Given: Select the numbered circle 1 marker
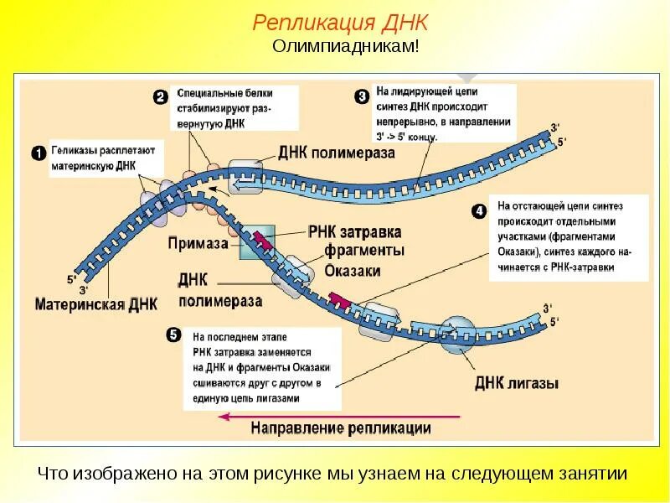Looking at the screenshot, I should click(38, 153).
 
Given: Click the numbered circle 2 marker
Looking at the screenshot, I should click(161, 97).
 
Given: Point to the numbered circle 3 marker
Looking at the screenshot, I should click(361, 97).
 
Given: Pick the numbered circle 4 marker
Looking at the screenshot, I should click(479, 211).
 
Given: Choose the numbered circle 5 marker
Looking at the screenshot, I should click(173, 335).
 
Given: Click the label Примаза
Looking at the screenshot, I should click(198, 244).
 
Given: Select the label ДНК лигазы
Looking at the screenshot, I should click(517, 384).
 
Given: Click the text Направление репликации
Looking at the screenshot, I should click(342, 428).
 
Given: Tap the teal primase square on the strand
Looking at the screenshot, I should click(258, 241).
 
